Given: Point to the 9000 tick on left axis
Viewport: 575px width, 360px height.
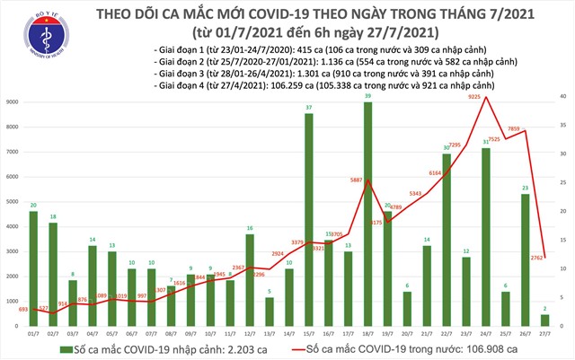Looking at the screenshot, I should tap(15, 102).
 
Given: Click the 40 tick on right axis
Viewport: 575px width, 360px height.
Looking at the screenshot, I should tap(561, 96).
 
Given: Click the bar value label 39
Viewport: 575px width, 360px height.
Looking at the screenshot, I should tap(368, 95).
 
